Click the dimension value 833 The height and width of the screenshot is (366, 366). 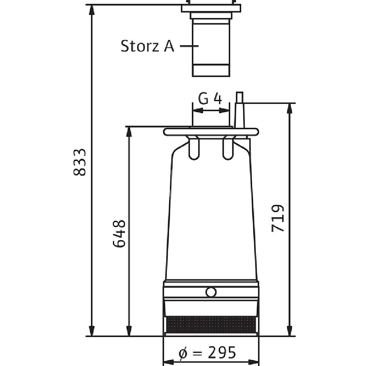click(x=79, y=162)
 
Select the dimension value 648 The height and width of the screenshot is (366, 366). click(x=119, y=233)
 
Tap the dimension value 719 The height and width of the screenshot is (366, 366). click(x=277, y=219)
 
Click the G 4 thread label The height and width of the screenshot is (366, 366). click(x=210, y=98)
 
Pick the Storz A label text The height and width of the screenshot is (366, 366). click(x=147, y=46)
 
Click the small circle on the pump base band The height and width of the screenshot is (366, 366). click(x=211, y=292)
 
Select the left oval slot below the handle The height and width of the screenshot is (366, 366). click(x=194, y=148)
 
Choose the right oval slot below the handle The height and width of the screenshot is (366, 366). click(x=228, y=148)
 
